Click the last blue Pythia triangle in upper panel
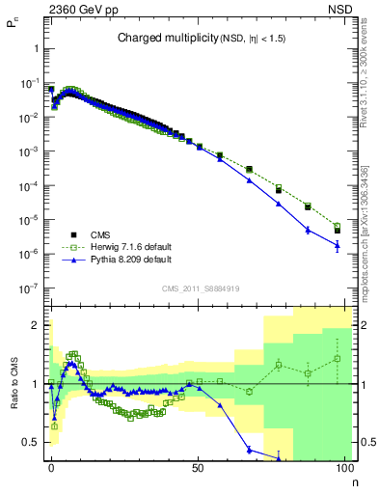pyautogui.click(x=338, y=246)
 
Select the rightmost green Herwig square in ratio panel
pyautogui.click(x=338, y=359)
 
